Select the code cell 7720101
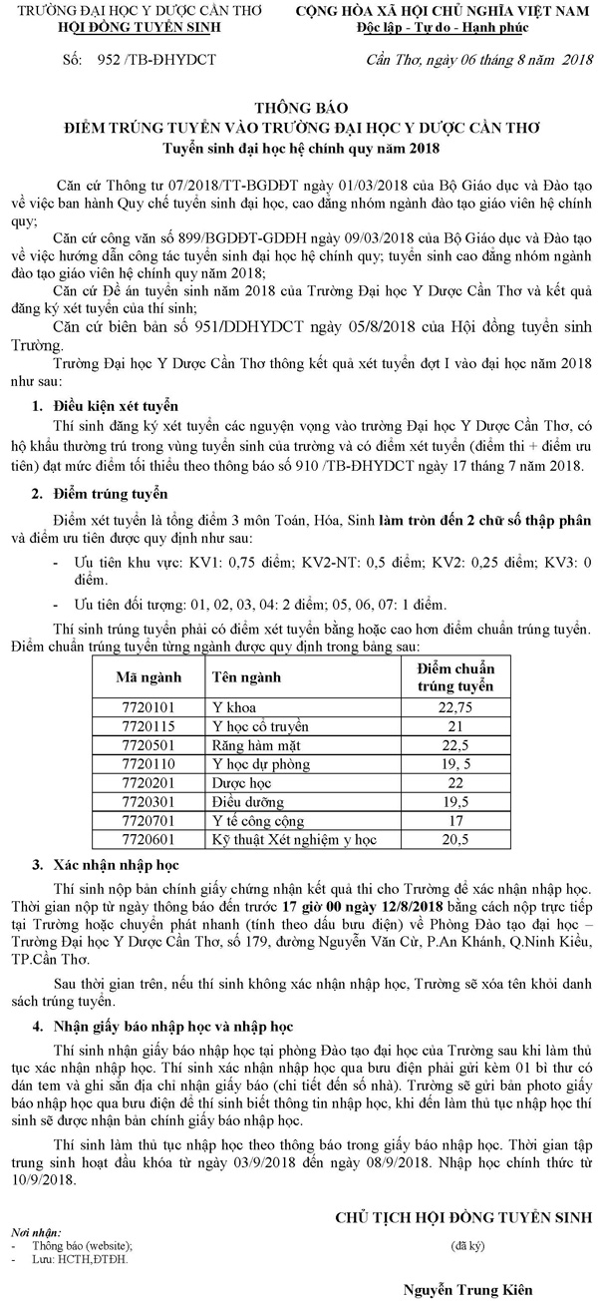click(148, 706)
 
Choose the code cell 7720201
click(148, 782)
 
